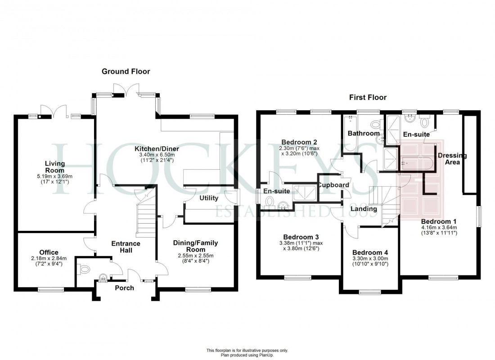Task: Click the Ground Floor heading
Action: coord(126,72)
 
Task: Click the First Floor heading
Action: coord(368,97)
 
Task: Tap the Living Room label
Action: coord(54,167)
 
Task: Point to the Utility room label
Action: coord(209,198)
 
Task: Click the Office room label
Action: coord(48,252)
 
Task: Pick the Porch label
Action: coord(124,288)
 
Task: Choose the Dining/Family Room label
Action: coord(196,246)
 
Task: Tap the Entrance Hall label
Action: coord(126,247)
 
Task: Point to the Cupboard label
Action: coord(333,185)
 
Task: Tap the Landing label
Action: coord(364,209)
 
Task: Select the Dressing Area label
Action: coord(452,159)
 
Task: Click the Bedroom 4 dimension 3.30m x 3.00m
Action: coord(369,259)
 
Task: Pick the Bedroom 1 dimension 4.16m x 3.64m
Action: coord(439,228)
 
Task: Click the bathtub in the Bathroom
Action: coord(350,134)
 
